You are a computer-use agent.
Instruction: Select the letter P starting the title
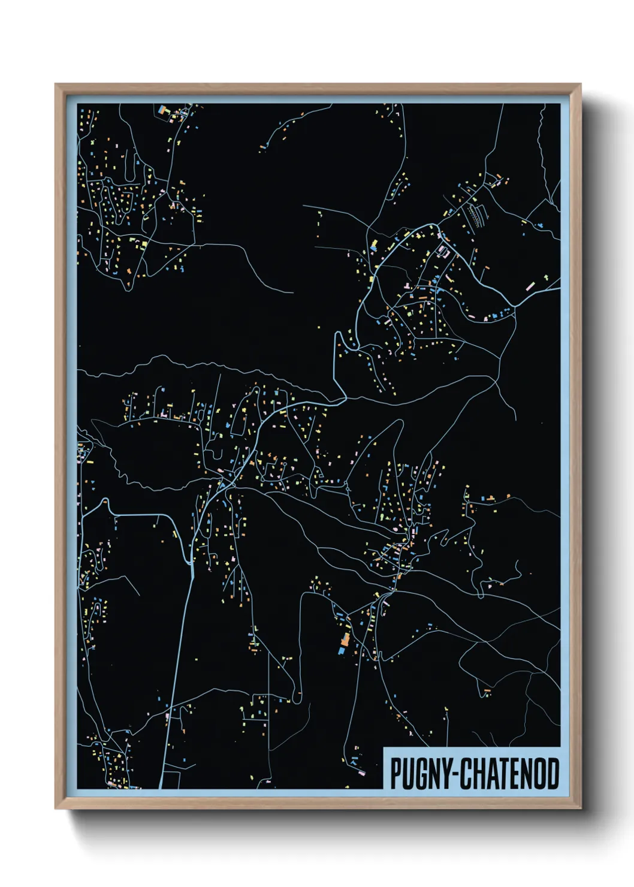point(396,774)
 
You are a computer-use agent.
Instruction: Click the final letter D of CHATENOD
point(553,774)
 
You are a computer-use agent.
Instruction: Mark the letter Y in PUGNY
point(451,774)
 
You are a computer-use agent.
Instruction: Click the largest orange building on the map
point(345,639)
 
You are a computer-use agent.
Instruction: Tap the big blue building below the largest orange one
point(342,650)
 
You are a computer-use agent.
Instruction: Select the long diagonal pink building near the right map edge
point(529,286)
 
